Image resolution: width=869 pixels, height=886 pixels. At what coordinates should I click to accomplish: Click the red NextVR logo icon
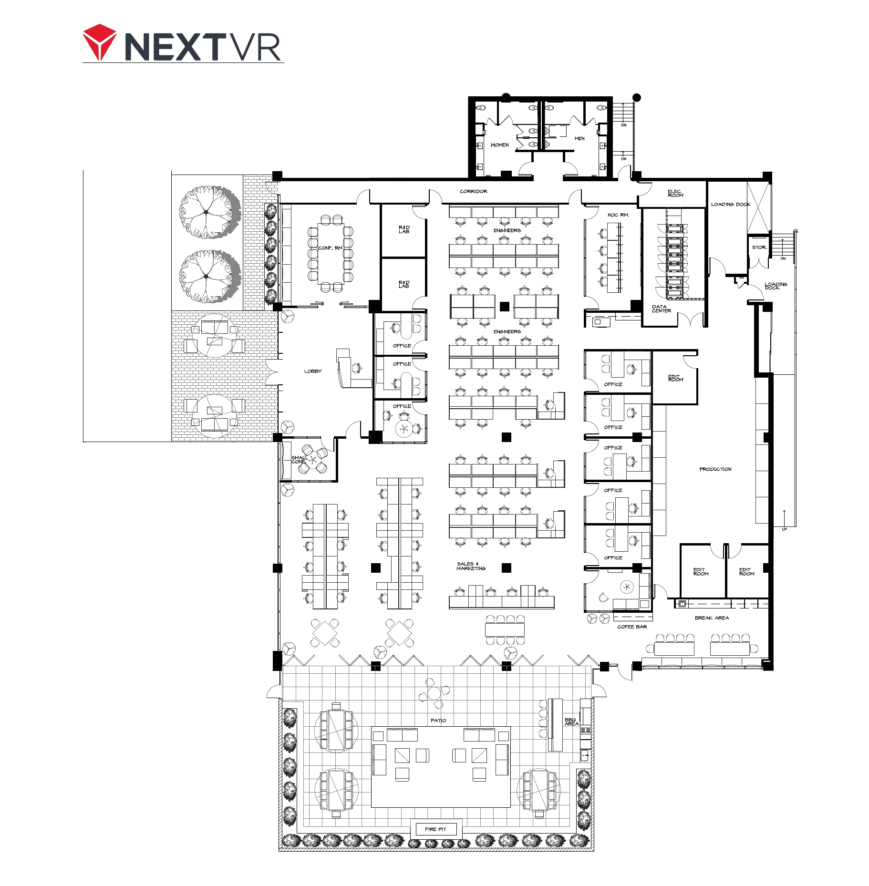100,42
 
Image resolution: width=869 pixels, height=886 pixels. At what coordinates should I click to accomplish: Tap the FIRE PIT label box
436,829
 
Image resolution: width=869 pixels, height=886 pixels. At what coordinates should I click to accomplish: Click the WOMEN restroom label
499,145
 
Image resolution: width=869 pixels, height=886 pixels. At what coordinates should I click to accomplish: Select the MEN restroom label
579,139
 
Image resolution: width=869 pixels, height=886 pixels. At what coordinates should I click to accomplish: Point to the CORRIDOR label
474,191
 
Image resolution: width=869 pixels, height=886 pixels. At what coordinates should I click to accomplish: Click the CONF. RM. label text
331,248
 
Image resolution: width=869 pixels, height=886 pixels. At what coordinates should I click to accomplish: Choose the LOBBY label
313,371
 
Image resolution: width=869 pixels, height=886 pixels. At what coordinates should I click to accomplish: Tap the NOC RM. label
618,215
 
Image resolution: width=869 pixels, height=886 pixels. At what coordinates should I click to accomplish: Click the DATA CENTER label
661,309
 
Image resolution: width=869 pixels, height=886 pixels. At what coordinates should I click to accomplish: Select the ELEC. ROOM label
675,193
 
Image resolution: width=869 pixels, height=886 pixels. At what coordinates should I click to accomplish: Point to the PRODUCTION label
715,469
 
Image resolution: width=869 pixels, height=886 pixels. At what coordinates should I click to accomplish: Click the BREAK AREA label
712,618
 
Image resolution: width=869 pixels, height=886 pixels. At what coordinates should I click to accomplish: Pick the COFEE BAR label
632,627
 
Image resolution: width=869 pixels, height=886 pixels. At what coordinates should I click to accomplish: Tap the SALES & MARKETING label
471,566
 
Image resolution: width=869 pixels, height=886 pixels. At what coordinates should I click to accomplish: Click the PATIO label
438,721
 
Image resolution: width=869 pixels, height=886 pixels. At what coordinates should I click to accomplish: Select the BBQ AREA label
571,721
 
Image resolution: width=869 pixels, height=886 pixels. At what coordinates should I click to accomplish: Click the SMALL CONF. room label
299,460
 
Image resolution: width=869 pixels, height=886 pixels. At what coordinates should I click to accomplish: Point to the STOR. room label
759,247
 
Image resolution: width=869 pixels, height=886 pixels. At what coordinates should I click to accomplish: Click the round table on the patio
434,692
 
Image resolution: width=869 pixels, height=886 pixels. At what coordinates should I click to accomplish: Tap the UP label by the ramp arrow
784,529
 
